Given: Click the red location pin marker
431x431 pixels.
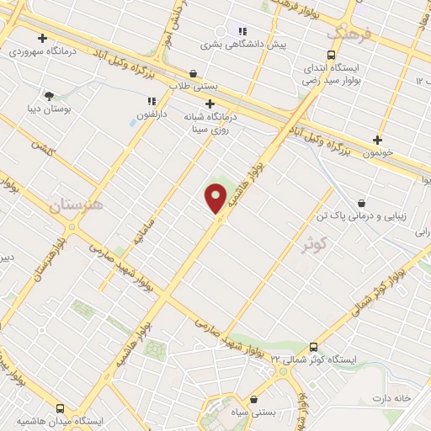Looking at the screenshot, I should coord(215,197).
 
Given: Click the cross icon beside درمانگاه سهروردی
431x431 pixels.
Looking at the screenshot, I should coord(42,37).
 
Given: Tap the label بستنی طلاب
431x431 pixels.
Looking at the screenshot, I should coord(193,86).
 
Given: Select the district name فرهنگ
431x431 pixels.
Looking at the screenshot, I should coord(348,34).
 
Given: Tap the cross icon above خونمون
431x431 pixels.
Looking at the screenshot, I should coord(376,140).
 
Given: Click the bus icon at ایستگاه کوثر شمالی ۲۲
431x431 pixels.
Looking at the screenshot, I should coord(313,346).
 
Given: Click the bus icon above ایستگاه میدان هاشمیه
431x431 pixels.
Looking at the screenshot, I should coord(59,407).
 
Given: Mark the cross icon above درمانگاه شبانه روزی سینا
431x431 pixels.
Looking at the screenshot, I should coord(210,104).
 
